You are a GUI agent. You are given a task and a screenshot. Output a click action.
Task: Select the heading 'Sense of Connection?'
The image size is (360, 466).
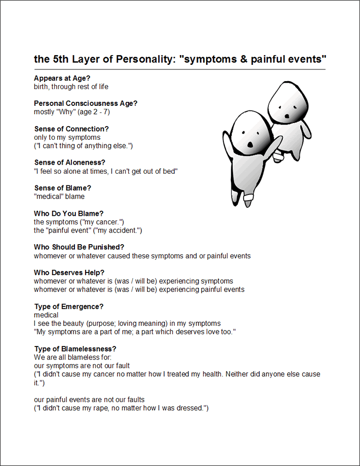click(71, 129)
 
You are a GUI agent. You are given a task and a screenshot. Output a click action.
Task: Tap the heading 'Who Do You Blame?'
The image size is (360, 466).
click(68, 213)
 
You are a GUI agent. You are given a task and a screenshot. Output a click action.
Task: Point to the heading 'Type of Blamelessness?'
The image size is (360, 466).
click(75, 348)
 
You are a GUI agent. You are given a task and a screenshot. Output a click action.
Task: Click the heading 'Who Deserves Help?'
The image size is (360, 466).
click(69, 273)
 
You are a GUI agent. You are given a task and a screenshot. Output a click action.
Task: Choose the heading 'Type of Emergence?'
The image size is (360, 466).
click(69, 306)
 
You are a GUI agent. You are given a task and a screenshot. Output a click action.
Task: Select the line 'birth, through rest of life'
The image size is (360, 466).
click(71, 87)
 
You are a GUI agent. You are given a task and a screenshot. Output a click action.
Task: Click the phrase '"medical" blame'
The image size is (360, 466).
click(59, 197)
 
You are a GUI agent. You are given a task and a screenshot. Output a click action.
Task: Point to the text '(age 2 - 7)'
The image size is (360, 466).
click(93, 112)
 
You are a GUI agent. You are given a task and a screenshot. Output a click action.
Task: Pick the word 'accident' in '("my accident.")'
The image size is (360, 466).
click(124, 230)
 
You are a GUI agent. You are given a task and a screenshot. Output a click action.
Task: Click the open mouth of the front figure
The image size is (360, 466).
click(250, 144)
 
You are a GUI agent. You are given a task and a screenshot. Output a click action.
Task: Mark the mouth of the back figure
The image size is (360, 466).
click(287, 115)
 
